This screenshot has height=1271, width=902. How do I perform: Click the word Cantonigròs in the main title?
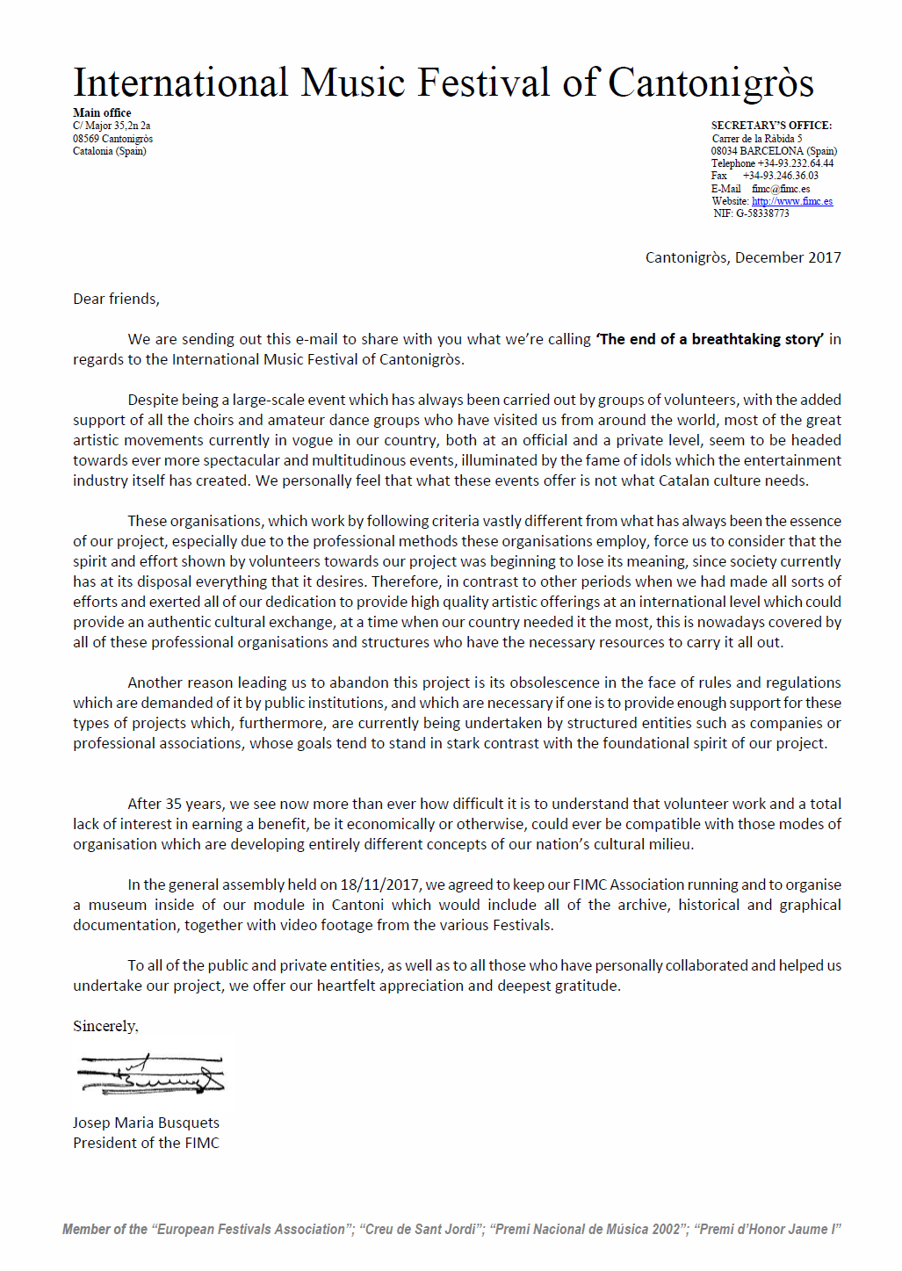[711, 84]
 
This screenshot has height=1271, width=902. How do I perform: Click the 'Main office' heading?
[102, 113]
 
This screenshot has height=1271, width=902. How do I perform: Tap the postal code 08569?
[86, 139]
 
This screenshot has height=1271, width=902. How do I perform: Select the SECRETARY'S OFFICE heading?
[771, 126]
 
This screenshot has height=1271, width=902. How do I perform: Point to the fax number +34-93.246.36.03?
[780, 176]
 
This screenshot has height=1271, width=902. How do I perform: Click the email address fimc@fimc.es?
[781, 189]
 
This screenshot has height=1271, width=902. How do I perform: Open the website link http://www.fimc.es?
[792, 201]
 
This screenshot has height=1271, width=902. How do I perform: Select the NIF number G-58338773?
[762, 213]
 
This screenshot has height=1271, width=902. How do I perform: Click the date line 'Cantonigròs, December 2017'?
[743, 257]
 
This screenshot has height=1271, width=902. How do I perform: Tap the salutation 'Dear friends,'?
[116, 300]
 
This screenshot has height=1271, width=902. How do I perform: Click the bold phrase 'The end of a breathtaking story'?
[710, 340]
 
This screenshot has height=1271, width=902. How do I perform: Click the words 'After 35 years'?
[175, 805]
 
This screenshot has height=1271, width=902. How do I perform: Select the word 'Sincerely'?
[105, 1027]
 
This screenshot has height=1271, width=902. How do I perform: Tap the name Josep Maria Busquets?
[146, 1123]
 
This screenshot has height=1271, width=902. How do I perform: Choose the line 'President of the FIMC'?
[146, 1144]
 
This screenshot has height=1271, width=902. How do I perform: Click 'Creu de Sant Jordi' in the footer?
[421, 1230]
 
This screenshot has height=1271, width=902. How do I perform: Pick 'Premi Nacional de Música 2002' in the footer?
[588, 1230]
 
